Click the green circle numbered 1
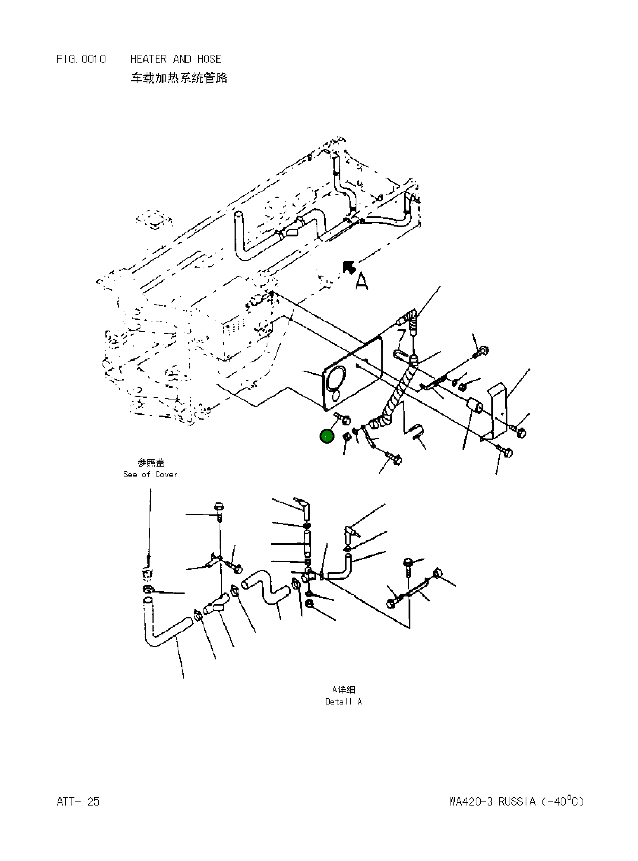point(327,436)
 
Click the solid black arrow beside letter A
point(349,268)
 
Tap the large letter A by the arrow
point(361,281)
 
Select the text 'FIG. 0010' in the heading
point(81,59)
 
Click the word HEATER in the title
point(148,59)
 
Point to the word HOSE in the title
point(209,59)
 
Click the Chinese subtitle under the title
point(179,78)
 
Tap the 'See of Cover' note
point(150,474)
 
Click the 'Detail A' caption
point(343,702)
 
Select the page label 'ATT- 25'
point(78,802)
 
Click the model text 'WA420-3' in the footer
point(471,802)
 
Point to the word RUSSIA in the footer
point(517,802)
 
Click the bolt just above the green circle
point(343,418)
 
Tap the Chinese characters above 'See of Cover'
point(151,462)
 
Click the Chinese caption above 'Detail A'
point(343,690)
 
